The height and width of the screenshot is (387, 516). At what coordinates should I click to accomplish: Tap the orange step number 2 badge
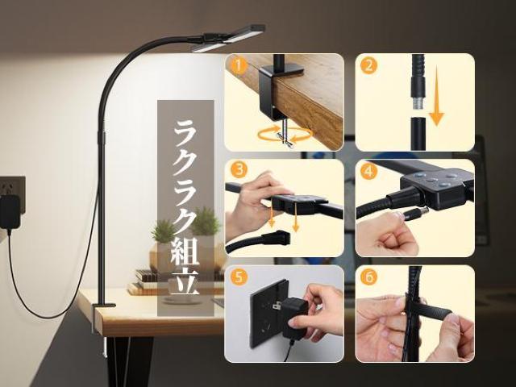(x=369, y=65)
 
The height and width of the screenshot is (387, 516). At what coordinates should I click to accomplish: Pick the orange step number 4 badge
(x=368, y=172)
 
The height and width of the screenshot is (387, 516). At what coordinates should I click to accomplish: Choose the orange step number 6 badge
(x=368, y=277)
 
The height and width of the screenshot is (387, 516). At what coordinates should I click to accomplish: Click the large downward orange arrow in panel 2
(x=437, y=96)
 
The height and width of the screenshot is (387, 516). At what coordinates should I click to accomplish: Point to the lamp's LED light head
(x=228, y=38)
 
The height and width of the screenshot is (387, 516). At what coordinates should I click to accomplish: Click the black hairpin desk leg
(x=129, y=361)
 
